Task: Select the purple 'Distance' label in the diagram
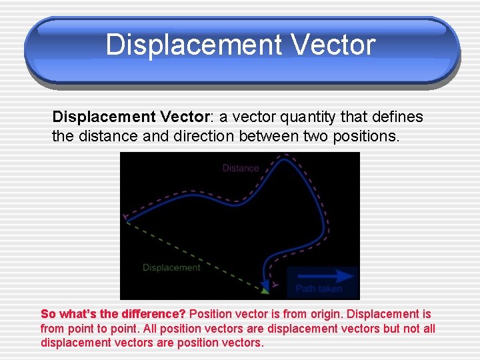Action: click(240, 168)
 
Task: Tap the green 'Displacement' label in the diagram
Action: click(171, 267)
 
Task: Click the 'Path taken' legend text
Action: click(319, 289)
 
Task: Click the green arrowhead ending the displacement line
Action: click(265, 290)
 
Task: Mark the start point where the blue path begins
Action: click(127, 217)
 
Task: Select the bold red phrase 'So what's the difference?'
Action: click(113, 314)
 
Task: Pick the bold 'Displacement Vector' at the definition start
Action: click(131, 117)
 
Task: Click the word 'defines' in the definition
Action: click(401, 117)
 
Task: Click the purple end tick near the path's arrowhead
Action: click(275, 285)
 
